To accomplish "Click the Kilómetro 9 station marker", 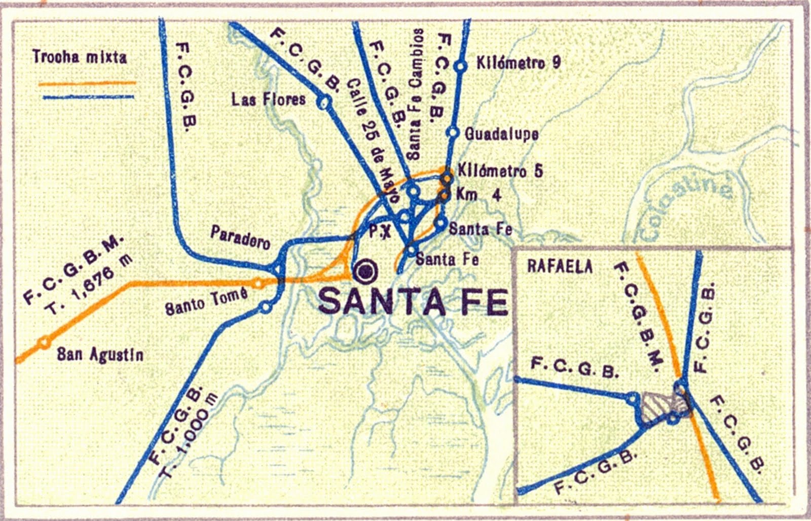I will click(460, 66).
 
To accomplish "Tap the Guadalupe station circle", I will click(452, 132).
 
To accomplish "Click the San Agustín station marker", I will click(45, 342).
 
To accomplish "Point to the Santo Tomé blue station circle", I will click(265, 307).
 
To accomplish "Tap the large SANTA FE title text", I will click(413, 302).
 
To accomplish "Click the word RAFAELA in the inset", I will click(560, 266).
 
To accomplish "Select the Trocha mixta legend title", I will click(80, 57).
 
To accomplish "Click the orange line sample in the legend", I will click(87, 83).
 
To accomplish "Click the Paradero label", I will click(240, 237).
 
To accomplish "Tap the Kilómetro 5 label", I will click(500, 171).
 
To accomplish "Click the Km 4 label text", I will click(478, 195).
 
